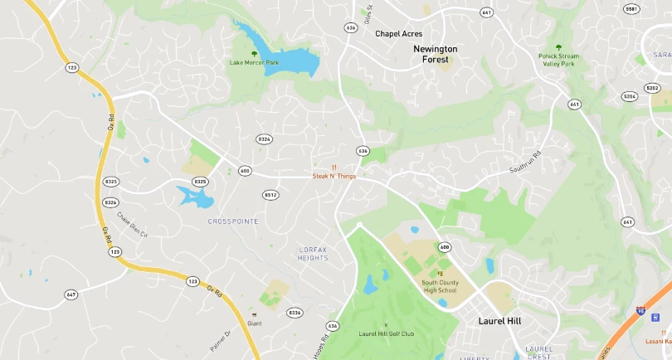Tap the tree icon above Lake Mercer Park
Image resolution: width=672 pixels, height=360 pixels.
point(254,54)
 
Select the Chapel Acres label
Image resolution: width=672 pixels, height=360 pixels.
point(398,34)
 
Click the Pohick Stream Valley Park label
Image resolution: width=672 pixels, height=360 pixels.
point(558,60)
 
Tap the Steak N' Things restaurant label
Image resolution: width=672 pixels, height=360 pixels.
point(334,176)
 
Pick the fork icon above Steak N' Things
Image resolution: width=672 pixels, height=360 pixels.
point(334,168)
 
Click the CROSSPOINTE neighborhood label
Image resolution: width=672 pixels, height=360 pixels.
point(233,221)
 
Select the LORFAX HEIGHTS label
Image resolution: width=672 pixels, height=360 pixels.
point(314,254)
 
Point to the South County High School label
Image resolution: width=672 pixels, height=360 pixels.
point(439,286)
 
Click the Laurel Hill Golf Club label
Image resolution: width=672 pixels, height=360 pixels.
point(386,333)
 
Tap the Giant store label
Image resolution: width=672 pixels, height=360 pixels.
point(255,324)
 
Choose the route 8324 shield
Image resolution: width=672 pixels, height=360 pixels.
point(265,139)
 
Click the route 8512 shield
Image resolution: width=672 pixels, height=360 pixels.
point(270,195)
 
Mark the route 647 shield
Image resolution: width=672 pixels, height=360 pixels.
point(71,294)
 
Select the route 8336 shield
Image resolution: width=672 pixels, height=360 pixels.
point(295,313)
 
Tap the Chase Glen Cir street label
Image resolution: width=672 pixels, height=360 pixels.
point(132,224)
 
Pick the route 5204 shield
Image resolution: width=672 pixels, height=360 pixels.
point(630,96)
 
